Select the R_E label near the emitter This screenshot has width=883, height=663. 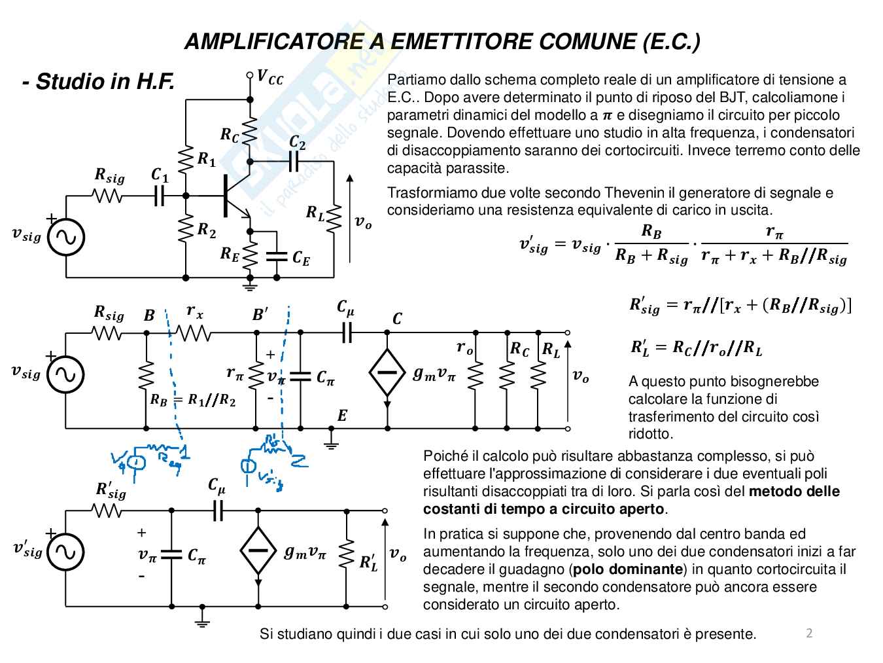[x=230, y=255]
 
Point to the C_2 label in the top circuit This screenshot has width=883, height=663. [x=298, y=142]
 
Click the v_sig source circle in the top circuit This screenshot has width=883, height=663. [x=66, y=237]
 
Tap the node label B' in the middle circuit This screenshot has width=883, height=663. [x=260, y=315]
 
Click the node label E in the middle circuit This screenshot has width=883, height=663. [x=342, y=416]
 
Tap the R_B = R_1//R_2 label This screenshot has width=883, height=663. [x=192, y=400]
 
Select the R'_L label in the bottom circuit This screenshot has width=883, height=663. [x=368, y=562]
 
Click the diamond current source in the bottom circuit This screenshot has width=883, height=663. [x=258, y=550]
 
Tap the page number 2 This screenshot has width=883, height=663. [x=809, y=633]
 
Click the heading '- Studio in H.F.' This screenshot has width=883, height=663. [x=98, y=82]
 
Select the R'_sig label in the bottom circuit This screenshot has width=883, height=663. [x=111, y=490]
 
